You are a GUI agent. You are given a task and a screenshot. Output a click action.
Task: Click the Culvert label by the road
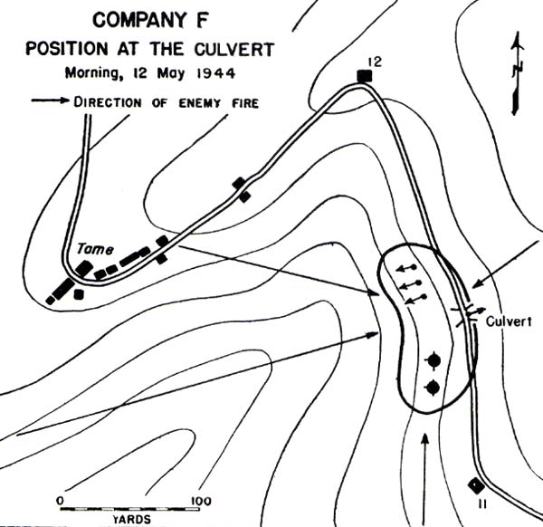pos(510,320)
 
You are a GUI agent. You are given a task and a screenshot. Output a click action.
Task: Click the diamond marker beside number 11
pos(472,485)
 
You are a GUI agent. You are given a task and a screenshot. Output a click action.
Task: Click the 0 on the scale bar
pos(60,500)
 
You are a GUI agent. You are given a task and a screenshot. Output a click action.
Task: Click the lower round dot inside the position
pos(433,388)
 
